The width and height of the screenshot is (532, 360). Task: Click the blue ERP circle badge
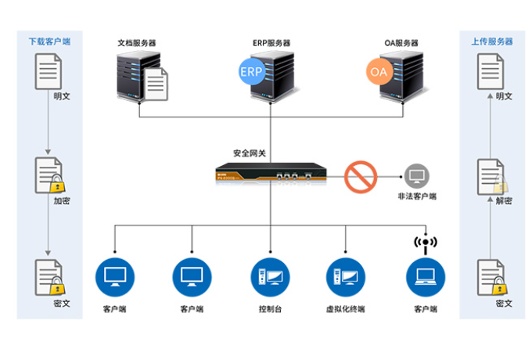point(252,72)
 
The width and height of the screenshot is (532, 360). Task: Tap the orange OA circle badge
point(379,72)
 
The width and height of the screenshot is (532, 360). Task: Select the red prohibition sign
point(361,177)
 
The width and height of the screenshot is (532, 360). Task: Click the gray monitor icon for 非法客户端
point(415,175)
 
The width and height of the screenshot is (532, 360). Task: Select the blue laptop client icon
point(426,275)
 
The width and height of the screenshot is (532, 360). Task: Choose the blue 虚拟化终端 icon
point(346,275)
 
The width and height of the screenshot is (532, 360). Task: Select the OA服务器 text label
point(401,43)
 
